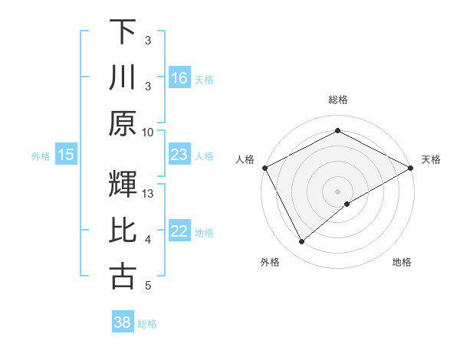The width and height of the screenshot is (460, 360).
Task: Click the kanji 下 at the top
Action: pos(123,32)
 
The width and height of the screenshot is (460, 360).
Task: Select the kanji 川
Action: pos(123,77)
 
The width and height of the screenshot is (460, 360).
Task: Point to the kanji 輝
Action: pos(123,185)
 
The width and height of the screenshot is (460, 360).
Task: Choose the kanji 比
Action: pos(123,231)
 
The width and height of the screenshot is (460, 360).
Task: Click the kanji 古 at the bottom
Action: pos(123,277)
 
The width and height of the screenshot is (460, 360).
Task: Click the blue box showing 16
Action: pos(179,77)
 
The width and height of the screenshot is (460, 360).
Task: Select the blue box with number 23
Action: pos(179,155)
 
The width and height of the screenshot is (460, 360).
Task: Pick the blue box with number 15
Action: pos(66,155)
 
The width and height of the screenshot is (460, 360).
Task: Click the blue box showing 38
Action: pos(123,322)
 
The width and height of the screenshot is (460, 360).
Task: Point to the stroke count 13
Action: pos(149,194)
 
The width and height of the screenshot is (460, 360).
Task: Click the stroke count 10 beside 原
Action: pos(148,132)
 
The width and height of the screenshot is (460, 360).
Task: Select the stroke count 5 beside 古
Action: pos(148,286)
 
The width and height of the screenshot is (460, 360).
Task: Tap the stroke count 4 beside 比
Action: pos(148,241)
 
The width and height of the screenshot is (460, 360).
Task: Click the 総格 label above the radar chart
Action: pos(337,100)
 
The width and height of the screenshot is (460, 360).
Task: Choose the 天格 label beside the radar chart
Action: pos(432,159)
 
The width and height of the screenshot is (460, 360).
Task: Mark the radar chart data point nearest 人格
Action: pos(264,167)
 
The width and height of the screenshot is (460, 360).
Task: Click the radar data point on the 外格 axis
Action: pos(302,242)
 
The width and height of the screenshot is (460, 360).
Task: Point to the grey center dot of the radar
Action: pos(337,191)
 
